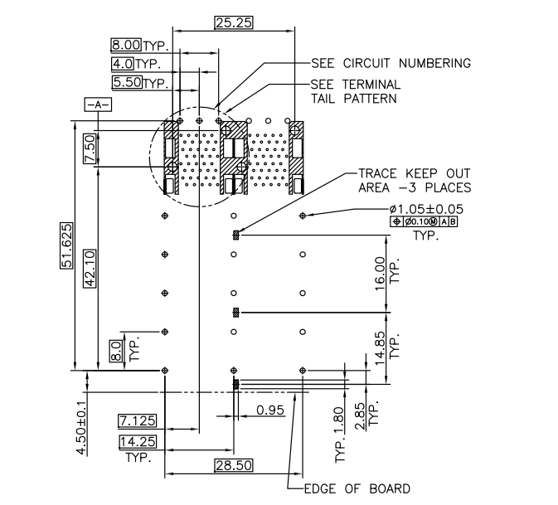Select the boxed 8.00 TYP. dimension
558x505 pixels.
(126, 45)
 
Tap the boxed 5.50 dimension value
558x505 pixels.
(127, 82)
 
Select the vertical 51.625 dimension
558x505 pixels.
(64, 245)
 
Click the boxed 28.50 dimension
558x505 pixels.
(232, 466)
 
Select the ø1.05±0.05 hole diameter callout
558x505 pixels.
(425, 210)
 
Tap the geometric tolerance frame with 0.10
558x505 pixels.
(424, 222)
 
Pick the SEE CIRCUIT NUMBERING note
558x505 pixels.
(390, 63)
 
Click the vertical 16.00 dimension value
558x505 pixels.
(381, 270)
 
